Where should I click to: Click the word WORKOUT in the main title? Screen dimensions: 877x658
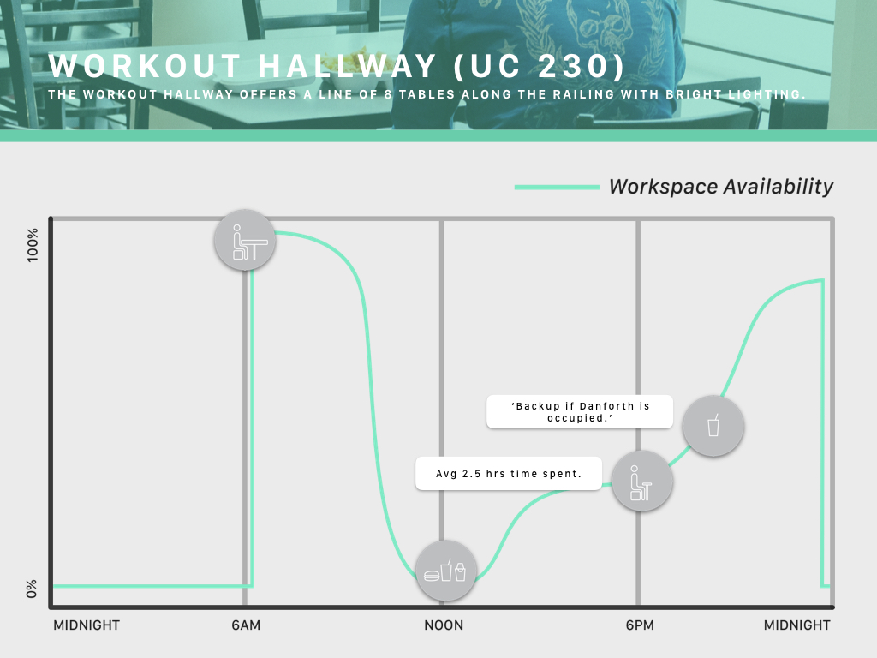click(145, 66)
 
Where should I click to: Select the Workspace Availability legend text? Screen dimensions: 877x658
click(721, 186)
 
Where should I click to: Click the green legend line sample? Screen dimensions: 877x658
click(557, 188)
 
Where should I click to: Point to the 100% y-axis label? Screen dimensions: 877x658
click(33, 244)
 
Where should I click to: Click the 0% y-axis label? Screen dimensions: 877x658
click(32, 589)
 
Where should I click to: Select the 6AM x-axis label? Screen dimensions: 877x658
click(246, 625)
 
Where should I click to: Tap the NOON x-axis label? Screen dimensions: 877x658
click(444, 625)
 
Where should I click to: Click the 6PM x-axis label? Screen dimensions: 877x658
click(640, 625)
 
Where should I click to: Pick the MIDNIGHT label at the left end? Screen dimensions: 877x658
click(87, 625)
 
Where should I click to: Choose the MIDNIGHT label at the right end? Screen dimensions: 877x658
click(797, 625)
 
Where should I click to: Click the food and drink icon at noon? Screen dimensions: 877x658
click(445, 571)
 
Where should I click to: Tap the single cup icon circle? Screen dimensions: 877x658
click(713, 426)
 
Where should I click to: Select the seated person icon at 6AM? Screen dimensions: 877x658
click(245, 241)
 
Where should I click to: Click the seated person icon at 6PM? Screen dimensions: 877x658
click(642, 481)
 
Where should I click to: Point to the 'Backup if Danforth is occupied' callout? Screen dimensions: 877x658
click(580, 412)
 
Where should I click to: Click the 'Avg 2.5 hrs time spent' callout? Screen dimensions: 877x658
click(509, 474)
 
